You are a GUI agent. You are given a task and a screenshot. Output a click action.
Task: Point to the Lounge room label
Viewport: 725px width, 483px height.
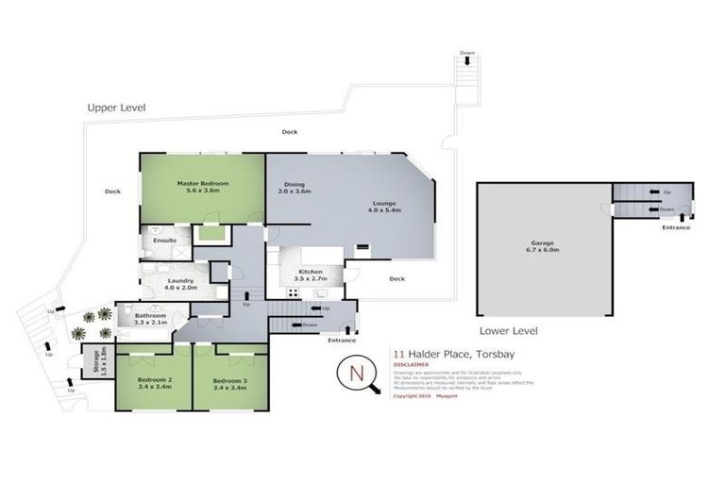pos(385,205)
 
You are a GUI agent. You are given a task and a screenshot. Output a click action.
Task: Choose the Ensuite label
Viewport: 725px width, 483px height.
pos(164,241)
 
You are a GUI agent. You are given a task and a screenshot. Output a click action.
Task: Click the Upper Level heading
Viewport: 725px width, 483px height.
pos(116,108)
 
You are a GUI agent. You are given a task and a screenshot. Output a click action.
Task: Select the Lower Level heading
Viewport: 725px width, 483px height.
pos(509,331)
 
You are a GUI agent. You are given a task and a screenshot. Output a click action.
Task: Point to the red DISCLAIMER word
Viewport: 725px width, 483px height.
pos(413,363)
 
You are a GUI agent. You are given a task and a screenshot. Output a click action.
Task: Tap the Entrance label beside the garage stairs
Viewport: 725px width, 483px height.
pos(675,227)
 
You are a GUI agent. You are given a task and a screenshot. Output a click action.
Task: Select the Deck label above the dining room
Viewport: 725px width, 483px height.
pos(289,132)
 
